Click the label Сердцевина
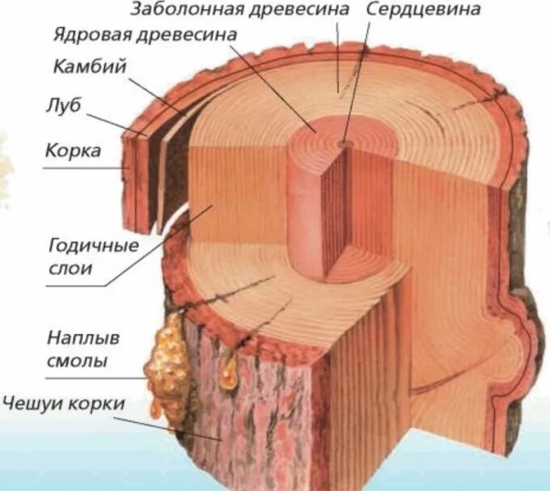click(x=423, y=11)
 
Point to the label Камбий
click(x=90, y=67)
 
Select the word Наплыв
click(x=77, y=337)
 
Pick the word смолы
click(x=78, y=359)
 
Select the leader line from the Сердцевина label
click(x=359, y=81)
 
